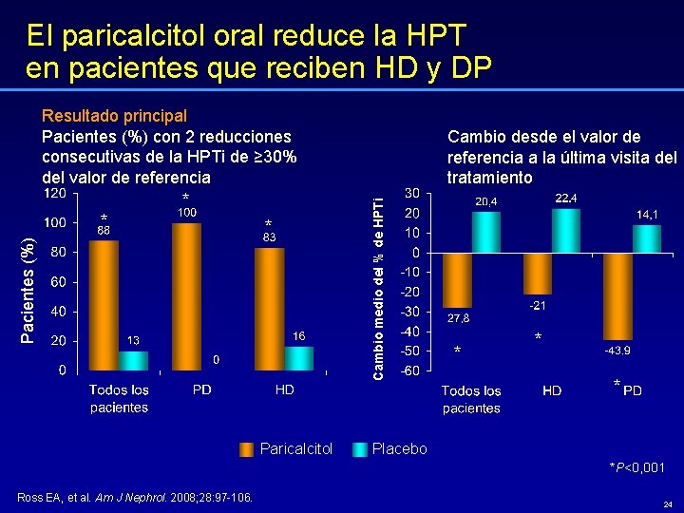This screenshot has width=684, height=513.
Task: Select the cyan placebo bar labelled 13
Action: tap(133, 360)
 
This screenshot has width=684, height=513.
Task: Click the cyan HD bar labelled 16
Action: tap(299, 357)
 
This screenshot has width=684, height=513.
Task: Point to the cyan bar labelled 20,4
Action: tap(485, 232)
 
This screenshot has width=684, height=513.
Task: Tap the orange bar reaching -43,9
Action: tap(617, 295)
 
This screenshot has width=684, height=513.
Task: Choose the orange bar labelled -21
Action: tap(538, 274)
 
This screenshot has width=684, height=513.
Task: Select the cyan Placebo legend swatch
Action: tap(360, 449)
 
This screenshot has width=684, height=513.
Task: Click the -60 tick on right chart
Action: tap(407, 370)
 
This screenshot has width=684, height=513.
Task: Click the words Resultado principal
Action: tap(114, 116)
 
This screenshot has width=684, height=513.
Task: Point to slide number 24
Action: tap(668, 503)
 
